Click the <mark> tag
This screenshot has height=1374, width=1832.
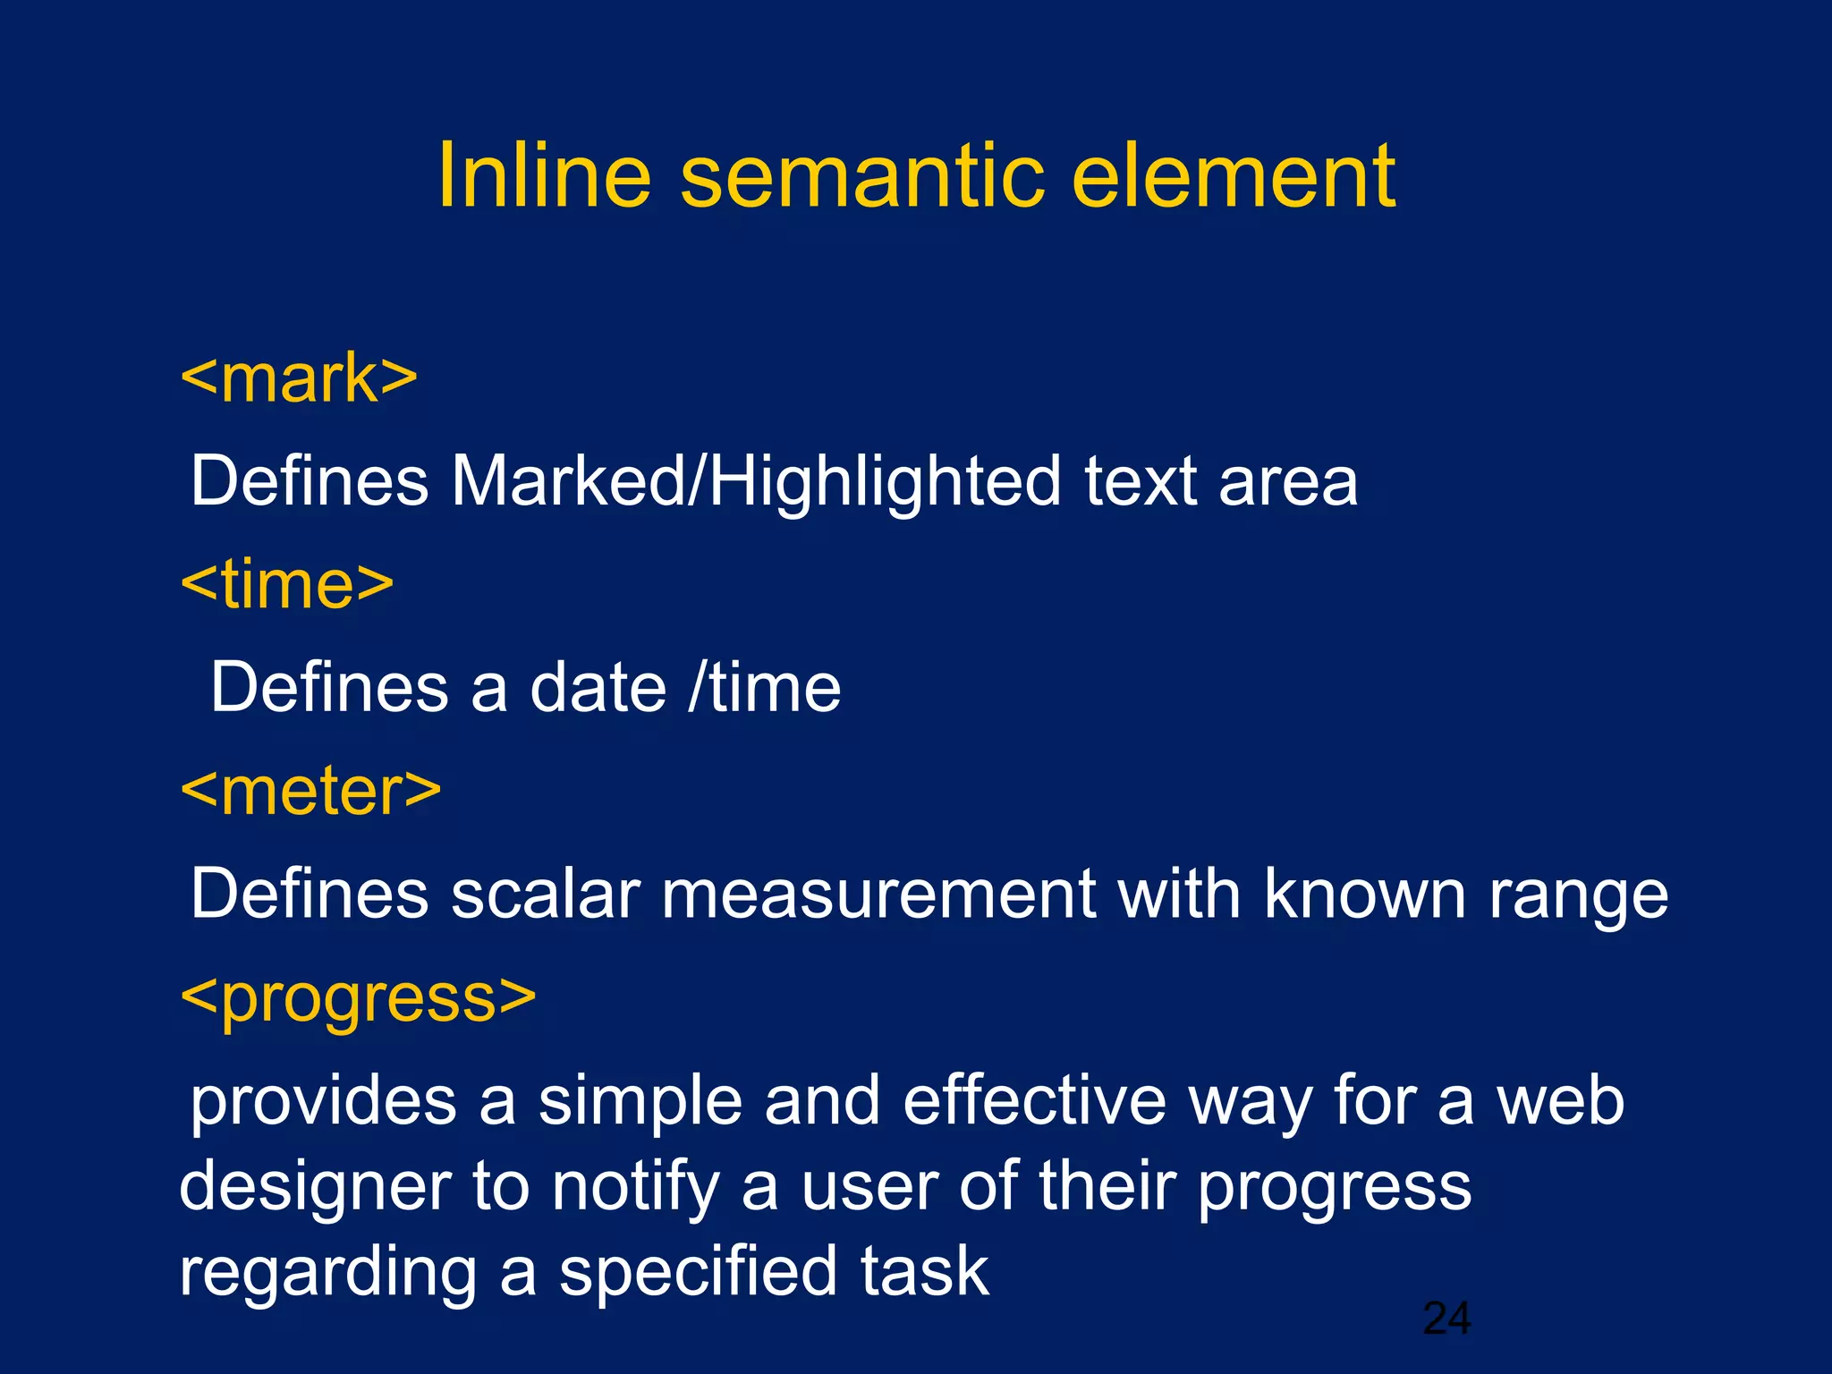click(x=299, y=378)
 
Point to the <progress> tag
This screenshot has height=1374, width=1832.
click(x=358, y=999)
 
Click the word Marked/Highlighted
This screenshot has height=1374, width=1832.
click(x=756, y=482)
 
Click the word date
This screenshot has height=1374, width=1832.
click(x=598, y=688)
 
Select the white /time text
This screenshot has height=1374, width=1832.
click(x=765, y=688)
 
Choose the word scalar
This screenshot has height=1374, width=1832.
click(x=545, y=894)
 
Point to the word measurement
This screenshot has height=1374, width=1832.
click(x=878, y=894)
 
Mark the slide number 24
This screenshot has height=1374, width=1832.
click(x=1446, y=1319)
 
